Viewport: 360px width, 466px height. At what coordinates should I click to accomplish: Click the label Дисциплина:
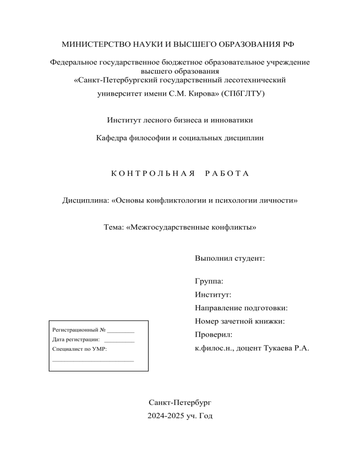(x=86, y=201)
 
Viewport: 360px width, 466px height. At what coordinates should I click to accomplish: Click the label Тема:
(x=114, y=228)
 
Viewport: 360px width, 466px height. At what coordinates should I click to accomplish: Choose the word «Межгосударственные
(x=168, y=228)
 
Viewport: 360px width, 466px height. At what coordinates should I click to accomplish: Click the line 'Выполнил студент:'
(x=229, y=258)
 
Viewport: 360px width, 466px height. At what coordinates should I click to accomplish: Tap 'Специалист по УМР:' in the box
(x=79, y=349)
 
